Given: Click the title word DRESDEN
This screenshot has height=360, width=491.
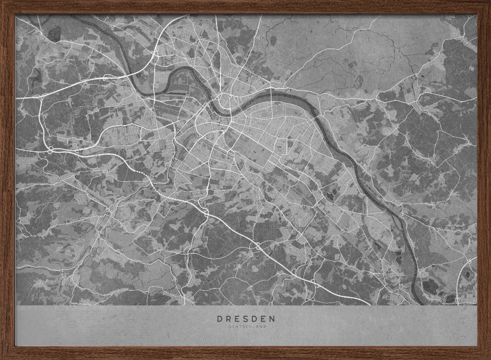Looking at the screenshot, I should click(x=246, y=318).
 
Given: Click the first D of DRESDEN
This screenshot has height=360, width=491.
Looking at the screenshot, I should click(x=219, y=318).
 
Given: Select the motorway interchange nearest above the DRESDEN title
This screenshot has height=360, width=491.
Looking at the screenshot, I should click(x=257, y=247).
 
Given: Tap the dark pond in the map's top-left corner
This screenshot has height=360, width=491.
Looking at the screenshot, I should click(x=54, y=33).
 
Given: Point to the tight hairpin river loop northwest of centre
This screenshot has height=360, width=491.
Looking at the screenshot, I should click(x=179, y=81).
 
